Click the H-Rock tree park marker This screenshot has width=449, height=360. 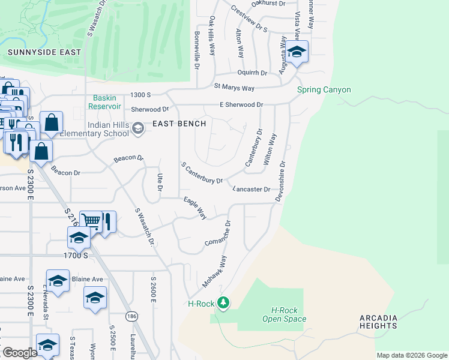(x=223, y=302)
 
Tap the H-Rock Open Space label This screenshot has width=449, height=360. (x=285, y=314)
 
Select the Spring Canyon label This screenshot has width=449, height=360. (x=324, y=90)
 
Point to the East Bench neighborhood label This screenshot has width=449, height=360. (x=179, y=124)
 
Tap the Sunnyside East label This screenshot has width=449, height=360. (x=44, y=52)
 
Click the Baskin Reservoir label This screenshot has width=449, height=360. (x=106, y=101)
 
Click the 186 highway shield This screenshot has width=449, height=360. (x=131, y=316)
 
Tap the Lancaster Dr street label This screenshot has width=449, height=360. (x=252, y=189)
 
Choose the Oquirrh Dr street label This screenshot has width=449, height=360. (x=252, y=73)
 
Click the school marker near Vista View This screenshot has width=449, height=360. (x=296, y=53)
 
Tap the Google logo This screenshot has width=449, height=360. (x=20, y=353)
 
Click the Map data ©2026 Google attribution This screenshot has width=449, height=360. (x=412, y=355)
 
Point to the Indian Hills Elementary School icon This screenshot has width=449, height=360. (x=138, y=128)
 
